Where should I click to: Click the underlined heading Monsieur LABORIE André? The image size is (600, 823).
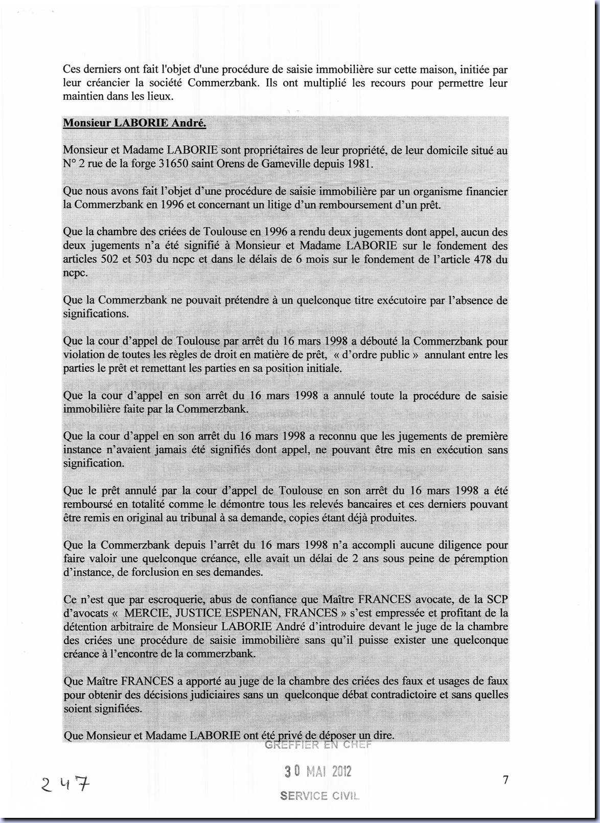tap(134, 123)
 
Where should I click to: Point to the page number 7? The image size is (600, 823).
tap(505, 780)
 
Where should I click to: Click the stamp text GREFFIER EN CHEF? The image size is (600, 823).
tap(318, 745)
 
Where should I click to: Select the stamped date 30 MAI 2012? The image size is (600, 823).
tap(318, 771)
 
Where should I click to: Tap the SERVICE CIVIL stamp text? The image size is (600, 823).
tap(319, 796)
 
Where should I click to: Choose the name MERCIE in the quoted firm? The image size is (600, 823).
tap(148, 613)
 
